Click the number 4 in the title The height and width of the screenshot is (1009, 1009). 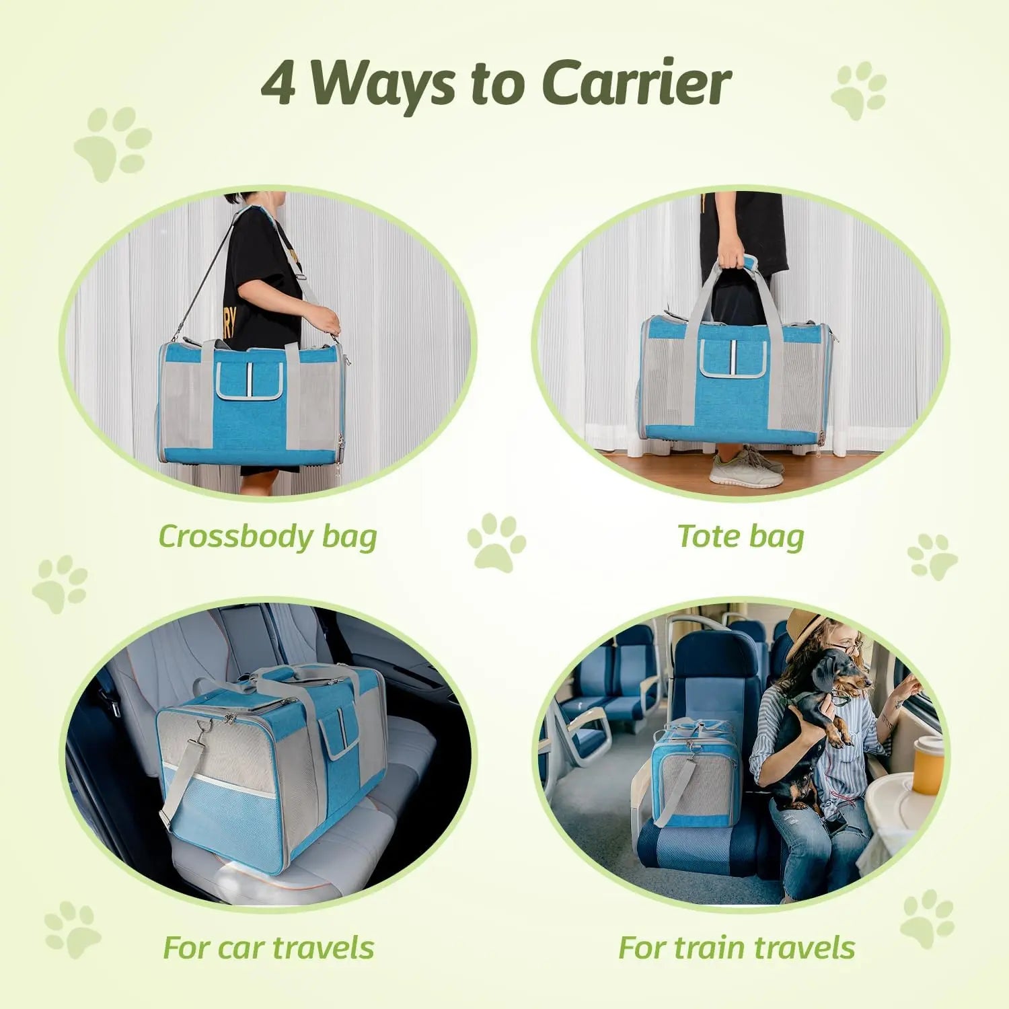coord(278,84)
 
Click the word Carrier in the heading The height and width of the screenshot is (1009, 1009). coord(636,84)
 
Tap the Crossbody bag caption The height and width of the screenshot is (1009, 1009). coord(268,537)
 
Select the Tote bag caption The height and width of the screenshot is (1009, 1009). coord(741,537)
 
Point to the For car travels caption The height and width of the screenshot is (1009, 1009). coord(268,947)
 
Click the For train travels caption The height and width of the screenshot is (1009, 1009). coord(737,947)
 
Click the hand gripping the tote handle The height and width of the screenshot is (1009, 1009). coord(730,260)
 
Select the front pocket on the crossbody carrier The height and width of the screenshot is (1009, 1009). coord(248,380)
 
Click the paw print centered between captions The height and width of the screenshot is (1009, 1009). coord(496,542)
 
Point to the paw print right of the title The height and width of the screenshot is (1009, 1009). coord(859,91)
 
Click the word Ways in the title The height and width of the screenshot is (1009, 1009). coord(383,84)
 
